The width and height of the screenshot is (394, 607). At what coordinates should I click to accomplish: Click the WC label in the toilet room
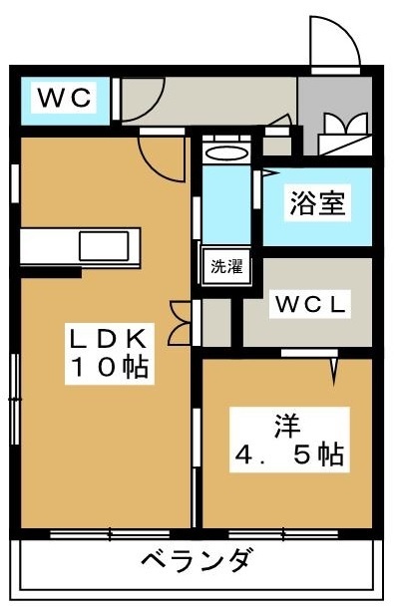click(x=65, y=98)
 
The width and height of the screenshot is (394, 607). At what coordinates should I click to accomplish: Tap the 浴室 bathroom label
click(x=317, y=203)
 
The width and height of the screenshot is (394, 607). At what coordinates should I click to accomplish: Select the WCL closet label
click(x=310, y=304)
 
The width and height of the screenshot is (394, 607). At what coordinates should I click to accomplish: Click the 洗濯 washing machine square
click(x=226, y=266)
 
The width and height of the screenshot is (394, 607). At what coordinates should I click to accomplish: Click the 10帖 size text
click(x=110, y=367)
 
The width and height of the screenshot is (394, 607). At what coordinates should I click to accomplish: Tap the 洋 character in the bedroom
click(x=287, y=426)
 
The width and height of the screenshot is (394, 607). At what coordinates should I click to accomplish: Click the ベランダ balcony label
click(x=197, y=559)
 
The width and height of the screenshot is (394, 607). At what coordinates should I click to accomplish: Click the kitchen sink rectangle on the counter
click(x=104, y=246)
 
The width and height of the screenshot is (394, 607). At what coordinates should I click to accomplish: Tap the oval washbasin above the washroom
click(x=226, y=153)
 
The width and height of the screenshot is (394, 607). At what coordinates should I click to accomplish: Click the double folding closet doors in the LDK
click(x=180, y=323)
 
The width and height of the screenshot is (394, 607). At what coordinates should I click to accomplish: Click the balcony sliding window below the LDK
click(x=110, y=534)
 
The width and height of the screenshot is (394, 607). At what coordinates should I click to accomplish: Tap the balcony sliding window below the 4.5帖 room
click(x=283, y=534)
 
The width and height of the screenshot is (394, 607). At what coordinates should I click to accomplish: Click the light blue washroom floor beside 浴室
click(x=226, y=204)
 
